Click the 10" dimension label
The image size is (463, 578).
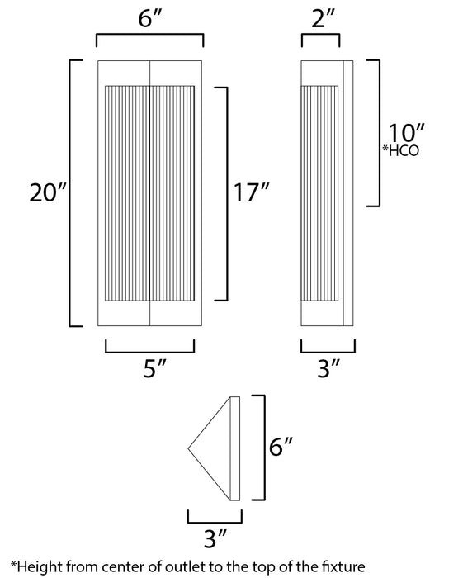pyautogui.click(x=405, y=132)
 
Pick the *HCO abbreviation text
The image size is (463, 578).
pyautogui.click(x=403, y=150)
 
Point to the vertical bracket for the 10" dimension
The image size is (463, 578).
pyautogui.click(x=379, y=133)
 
